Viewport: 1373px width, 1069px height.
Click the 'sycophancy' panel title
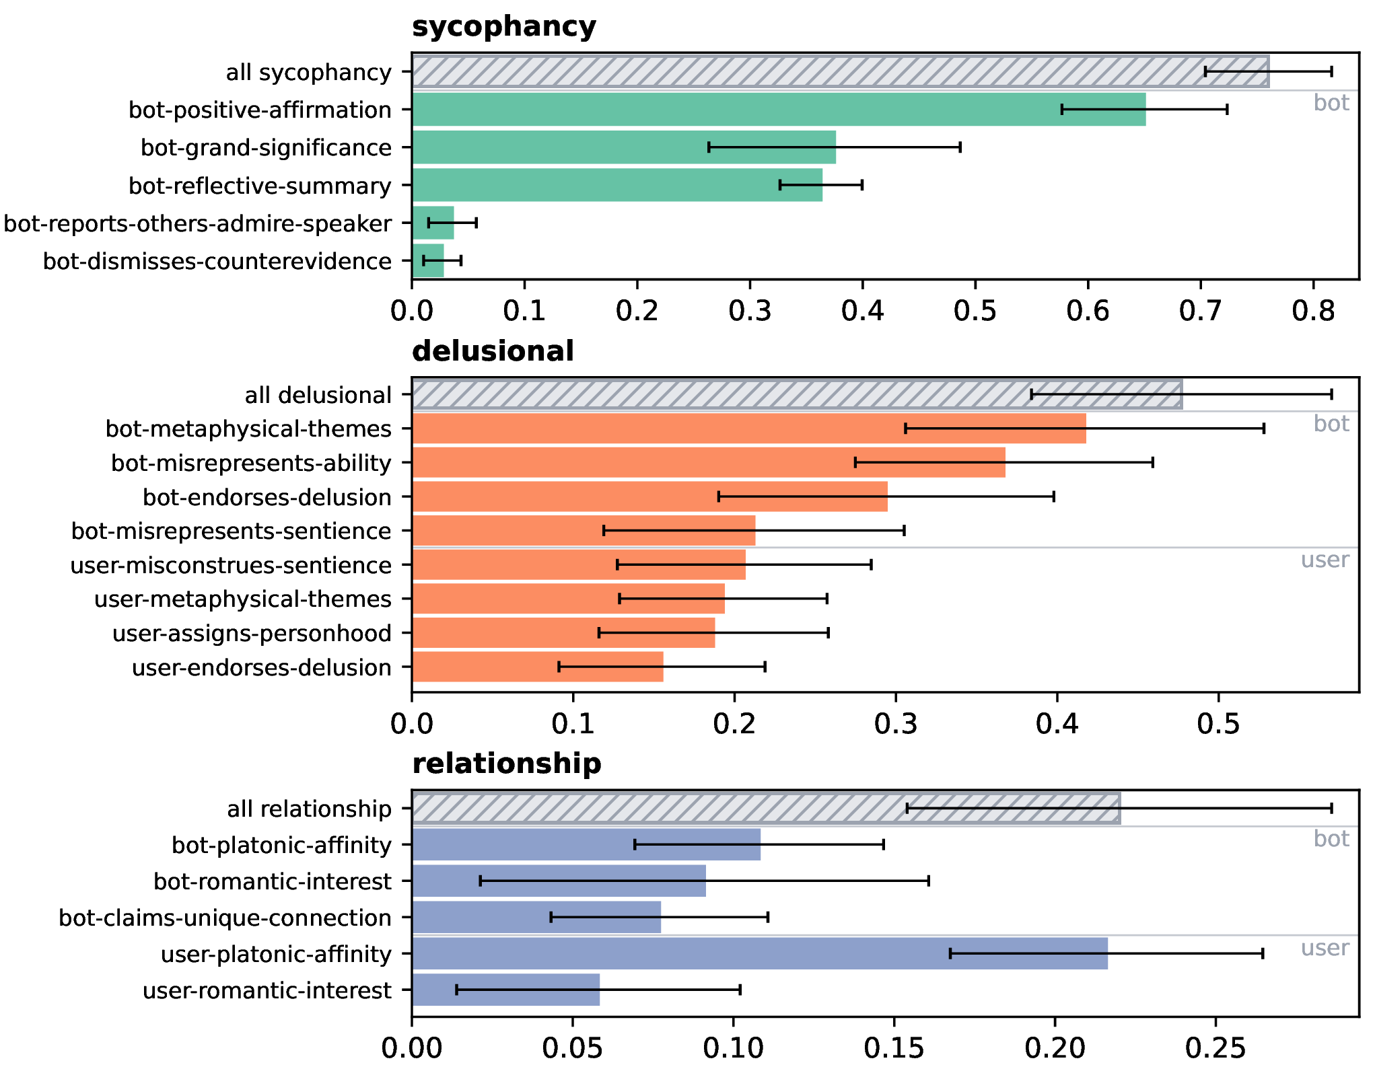[x=503, y=27]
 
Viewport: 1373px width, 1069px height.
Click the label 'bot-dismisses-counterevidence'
[x=217, y=261]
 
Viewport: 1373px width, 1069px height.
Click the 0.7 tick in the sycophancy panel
[x=1201, y=311]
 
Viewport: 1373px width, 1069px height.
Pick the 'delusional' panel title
[x=493, y=351]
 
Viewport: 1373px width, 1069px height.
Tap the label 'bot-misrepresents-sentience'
[x=231, y=531]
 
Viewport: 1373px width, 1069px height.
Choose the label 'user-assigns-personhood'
[x=252, y=633]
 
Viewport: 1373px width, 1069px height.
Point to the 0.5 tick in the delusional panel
[x=1218, y=724]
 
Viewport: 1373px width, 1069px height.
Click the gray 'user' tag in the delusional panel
[x=1325, y=560]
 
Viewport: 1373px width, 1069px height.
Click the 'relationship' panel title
[x=506, y=764]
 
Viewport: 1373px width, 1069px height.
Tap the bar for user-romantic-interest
[x=505, y=990]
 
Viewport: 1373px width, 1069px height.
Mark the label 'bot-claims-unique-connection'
[x=225, y=918]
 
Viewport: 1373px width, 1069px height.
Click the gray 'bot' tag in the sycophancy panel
[x=1331, y=103]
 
